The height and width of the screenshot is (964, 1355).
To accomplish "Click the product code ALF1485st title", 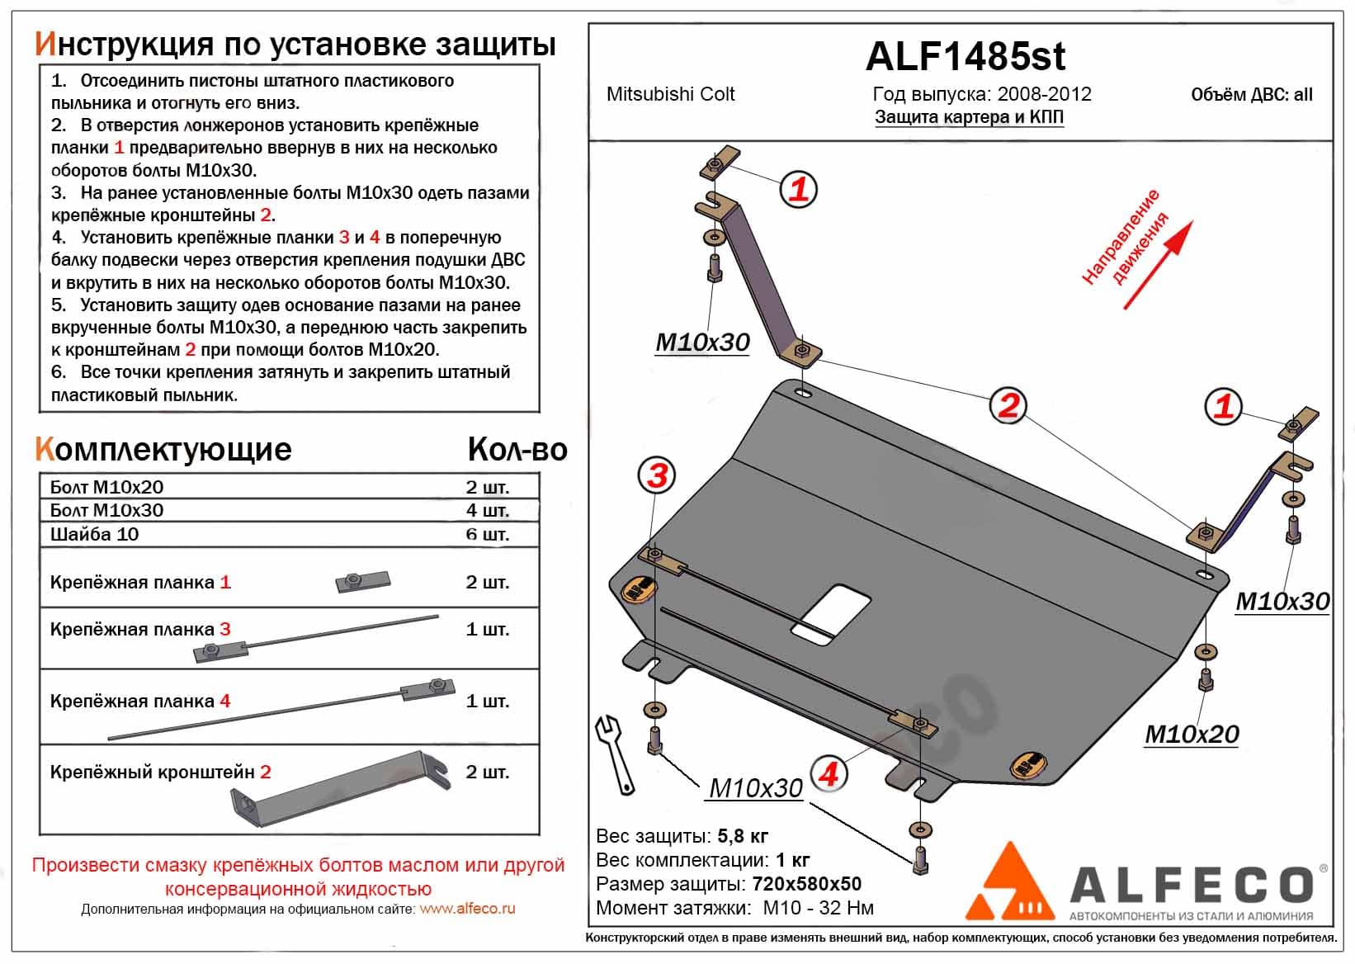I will point(965,56).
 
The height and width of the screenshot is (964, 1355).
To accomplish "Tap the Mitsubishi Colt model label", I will point(670,94).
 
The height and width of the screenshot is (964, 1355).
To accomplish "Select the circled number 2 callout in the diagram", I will point(1008,405).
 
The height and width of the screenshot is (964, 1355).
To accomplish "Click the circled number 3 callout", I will point(657,475).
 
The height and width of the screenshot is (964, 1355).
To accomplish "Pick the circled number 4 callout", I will point(829,773).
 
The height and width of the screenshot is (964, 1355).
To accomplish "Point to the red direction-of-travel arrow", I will point(1158,265).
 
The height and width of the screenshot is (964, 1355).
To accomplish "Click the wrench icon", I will point(615,752).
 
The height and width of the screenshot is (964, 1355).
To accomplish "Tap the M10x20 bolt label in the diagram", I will point(1191,734).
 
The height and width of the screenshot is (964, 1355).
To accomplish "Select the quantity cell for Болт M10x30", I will point(487,510).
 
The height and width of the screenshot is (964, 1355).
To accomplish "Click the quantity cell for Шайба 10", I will point(487,534).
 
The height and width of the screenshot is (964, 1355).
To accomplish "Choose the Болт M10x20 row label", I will point(106,487).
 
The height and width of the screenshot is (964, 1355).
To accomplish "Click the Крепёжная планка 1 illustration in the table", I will point(362,582).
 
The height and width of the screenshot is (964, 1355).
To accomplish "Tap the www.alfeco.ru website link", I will point(467,909).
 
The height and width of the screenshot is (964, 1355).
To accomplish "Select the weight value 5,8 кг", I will point(743,836).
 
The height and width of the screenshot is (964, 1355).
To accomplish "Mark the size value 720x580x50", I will point(806,884).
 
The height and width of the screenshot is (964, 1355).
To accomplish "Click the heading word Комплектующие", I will point(163,449).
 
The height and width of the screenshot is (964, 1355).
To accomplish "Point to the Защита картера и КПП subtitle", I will point(969,117).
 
